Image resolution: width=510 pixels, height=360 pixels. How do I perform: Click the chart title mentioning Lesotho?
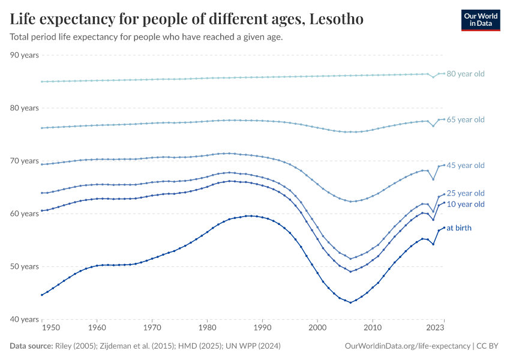tap(187, 19)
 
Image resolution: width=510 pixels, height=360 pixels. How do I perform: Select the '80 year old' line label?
tap(466, 74)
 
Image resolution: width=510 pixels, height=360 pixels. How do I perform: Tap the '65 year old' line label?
tap(466, 120)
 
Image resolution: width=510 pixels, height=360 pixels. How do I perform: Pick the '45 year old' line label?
tap(466, 166)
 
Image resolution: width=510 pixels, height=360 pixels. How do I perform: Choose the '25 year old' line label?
tap(466, 193)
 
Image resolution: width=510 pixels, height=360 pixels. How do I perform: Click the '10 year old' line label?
tap(466, 205)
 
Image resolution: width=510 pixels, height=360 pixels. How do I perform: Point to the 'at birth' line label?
tap(460, 228)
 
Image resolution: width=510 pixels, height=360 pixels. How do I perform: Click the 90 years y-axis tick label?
tap(25, 55)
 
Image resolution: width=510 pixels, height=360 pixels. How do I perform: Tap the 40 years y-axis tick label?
tap(25, 319)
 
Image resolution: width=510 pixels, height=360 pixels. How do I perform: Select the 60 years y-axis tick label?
tap(25, 214)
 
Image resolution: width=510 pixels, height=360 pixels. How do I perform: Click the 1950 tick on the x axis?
tap(51, 328)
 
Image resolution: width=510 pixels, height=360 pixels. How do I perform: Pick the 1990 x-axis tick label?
tap(262, 328)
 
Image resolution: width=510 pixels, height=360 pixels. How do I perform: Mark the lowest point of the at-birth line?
tap(350, 302)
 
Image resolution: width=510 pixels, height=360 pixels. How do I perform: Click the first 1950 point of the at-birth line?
tap(41, 295)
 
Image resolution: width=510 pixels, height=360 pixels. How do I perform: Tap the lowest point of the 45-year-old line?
tap(352, 202)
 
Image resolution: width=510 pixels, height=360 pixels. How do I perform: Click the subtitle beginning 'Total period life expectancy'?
tap(146, 37)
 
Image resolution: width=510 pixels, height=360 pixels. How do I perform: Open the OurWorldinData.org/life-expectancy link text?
tap(408, 346)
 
